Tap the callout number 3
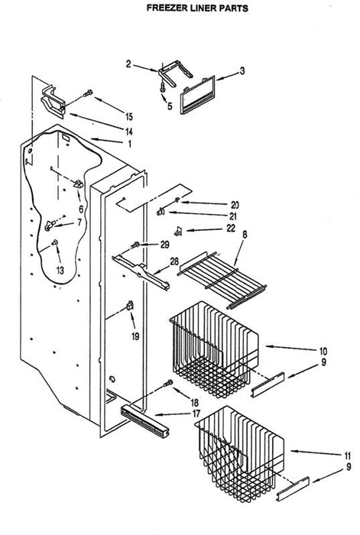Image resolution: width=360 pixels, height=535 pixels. coord(242,71)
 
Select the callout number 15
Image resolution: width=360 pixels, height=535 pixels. coord(128,117)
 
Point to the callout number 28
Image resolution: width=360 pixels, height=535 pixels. coord(174,261)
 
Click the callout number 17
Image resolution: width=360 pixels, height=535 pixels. coord(196,414)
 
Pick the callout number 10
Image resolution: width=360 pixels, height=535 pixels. coord(323,351)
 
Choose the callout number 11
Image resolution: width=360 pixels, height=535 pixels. coord(347,456)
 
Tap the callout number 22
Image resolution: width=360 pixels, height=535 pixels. coord(231,228)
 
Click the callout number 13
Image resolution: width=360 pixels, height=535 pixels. coord(60,271)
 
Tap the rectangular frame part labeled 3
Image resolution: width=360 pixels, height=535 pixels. coord(197,95)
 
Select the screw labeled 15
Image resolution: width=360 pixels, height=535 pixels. coord(88,92)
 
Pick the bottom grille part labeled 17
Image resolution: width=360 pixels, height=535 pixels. coord(144,422)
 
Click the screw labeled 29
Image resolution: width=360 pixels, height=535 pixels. coord(135,245)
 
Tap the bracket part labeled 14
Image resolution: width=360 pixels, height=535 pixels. coord(54,102)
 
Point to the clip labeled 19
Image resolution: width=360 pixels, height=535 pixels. coord(130,305)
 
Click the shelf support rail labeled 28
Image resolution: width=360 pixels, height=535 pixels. coord(141,272)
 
